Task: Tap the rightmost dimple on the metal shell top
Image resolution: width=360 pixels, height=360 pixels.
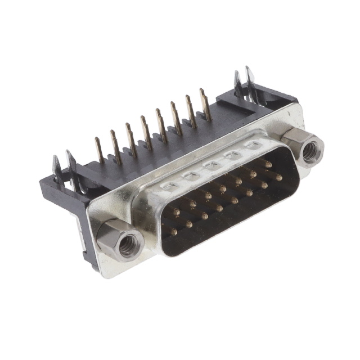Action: (253, 146)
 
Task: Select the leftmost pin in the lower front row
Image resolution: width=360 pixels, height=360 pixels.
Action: (174, 231)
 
